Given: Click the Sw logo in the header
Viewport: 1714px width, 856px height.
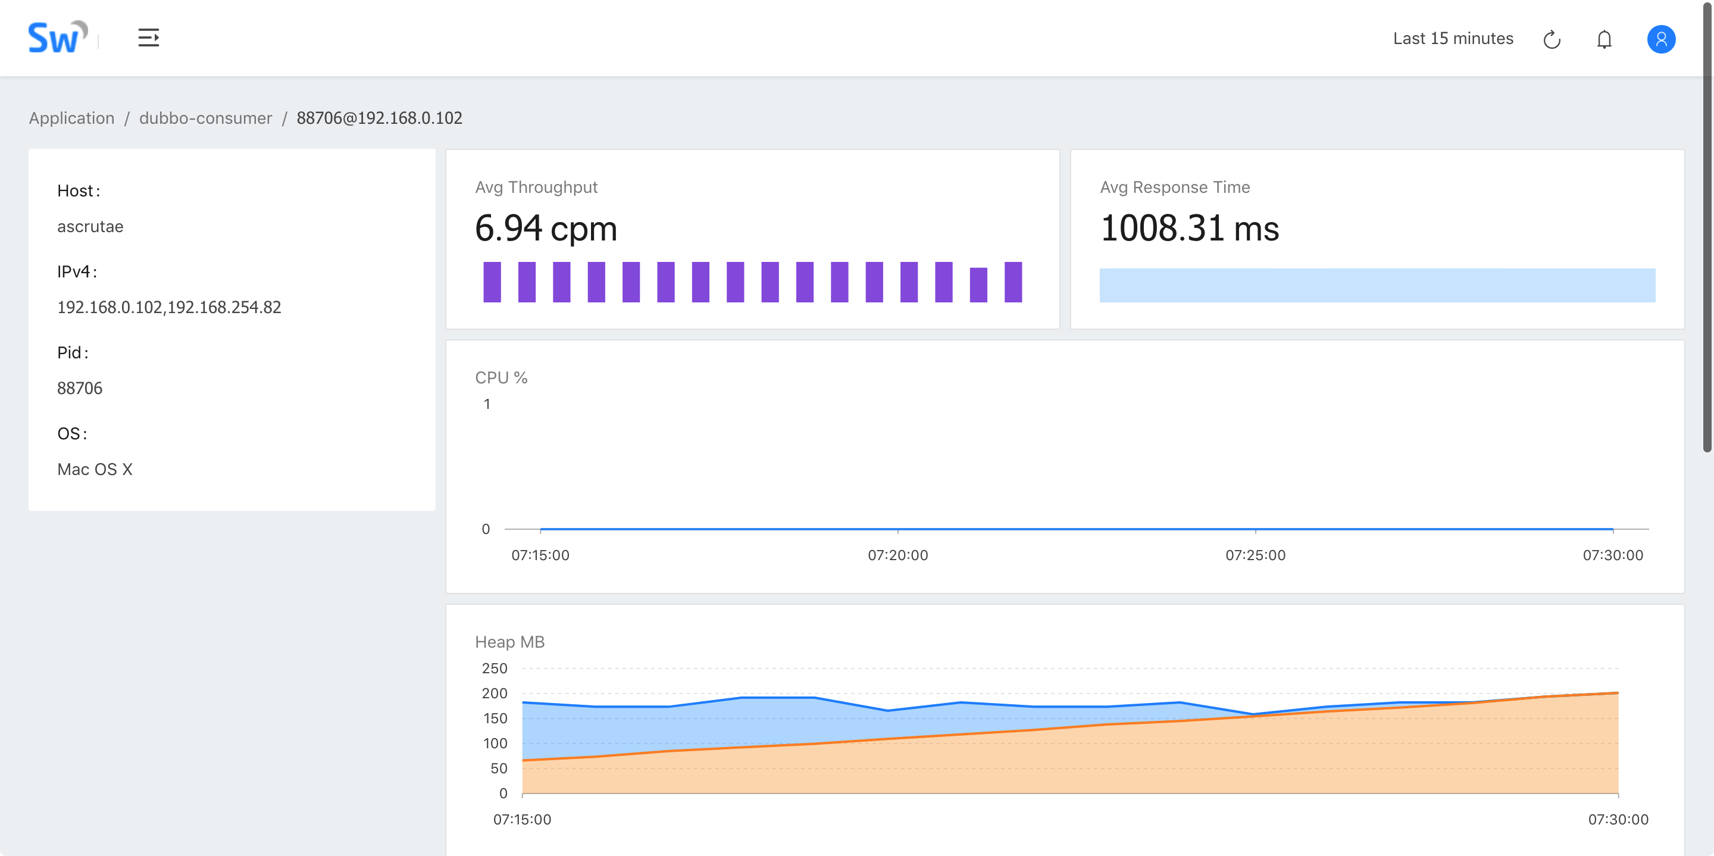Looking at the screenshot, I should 57,38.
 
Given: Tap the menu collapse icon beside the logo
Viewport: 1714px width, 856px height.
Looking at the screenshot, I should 148,38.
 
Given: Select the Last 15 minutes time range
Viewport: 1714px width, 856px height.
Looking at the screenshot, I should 1453,39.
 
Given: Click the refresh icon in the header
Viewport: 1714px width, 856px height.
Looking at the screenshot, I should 1552,39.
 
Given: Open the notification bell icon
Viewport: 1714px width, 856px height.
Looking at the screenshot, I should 1604,39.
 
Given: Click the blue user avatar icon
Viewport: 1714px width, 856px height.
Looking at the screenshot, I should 1661,39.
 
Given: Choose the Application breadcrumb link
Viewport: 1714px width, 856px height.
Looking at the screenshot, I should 72,118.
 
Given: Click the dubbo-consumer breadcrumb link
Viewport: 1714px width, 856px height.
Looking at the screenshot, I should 205,118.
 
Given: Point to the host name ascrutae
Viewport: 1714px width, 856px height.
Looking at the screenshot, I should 90,226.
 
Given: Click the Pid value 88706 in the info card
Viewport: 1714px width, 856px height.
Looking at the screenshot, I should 80,388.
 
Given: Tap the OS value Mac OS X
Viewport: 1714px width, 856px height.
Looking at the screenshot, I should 95,469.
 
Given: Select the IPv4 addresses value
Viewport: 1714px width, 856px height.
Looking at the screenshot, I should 169,307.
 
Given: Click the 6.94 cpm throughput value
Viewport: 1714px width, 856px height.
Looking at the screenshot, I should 546,229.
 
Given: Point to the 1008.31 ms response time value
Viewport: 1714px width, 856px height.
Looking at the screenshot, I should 1190,229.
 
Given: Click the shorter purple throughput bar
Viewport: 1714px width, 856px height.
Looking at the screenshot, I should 978,285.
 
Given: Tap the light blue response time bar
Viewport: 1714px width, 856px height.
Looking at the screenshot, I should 1377,285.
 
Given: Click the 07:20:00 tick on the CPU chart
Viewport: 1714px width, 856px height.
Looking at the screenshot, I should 897,555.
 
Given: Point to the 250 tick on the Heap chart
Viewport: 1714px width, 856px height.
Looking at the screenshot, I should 495,668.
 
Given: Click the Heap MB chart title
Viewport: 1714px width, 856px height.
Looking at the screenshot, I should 509,642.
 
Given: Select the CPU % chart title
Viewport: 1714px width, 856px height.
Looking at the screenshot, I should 501,377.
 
